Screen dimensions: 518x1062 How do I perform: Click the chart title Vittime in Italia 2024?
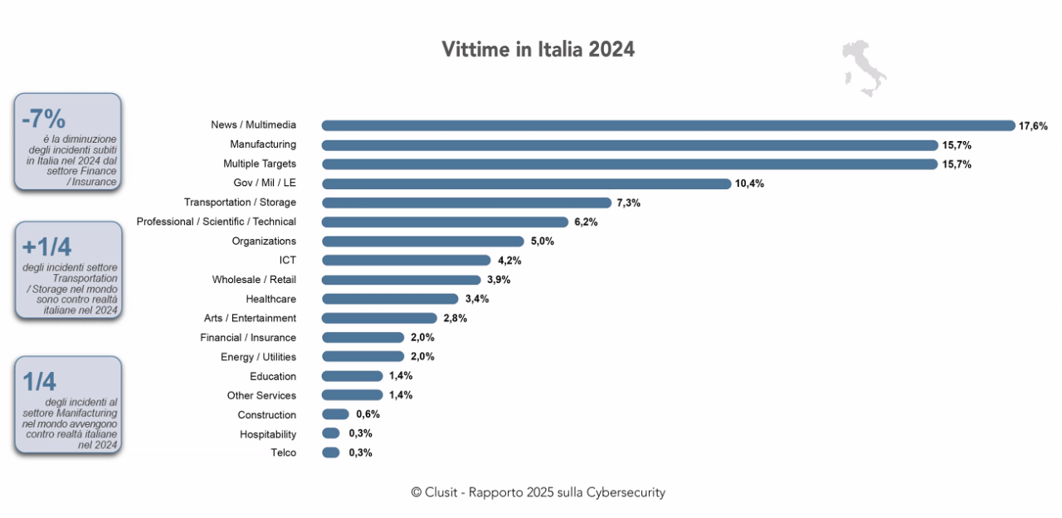(x=538, y=50)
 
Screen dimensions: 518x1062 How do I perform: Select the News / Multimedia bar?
(x=668, y=125)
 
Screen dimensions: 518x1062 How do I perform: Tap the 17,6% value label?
(x=1033, y=126)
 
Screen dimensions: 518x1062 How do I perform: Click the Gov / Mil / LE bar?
(x=526, y=183)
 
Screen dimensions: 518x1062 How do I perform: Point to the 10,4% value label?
(x=749, y=184)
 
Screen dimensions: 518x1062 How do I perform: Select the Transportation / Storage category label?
(x=240, y=203)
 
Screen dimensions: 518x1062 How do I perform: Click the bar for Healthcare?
(x=390, y=299)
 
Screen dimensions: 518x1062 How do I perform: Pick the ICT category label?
(x=287, y=261)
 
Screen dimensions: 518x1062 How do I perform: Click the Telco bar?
(x=330, y=452)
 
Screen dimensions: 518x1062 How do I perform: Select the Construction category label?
(x=266, y=415)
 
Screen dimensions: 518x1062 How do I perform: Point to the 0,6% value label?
(x=368, y=414)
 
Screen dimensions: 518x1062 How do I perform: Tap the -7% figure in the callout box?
(x=43, y=118)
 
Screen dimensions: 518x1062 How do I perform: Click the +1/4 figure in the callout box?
(x=46, y=247)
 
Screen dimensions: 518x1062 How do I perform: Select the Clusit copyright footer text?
(x=538, y=492)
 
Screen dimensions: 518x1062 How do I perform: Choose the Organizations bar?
(x=422, y=242)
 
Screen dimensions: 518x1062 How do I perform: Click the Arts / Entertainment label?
(x=250, y=318)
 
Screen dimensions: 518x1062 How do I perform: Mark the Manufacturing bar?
(x=629, y=145)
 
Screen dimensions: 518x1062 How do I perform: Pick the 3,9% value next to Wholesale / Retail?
(x=499, y=280)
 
